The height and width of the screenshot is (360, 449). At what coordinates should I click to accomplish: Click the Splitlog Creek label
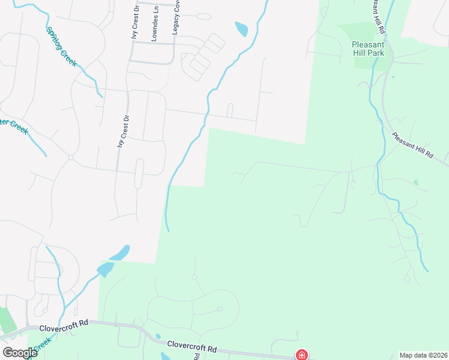(61, 46)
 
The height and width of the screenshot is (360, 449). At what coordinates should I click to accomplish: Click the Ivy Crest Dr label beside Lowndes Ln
(135, 21)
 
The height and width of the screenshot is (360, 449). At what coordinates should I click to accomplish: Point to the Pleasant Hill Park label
(369, 48)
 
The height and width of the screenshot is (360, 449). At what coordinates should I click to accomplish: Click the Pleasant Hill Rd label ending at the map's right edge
(412, 145)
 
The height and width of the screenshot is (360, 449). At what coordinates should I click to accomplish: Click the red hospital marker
(301, 355)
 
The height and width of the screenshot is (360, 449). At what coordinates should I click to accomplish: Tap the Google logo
(19, 352)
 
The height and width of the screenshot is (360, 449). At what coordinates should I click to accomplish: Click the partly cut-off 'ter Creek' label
(14, 127)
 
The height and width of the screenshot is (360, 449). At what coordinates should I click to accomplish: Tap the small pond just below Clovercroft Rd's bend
(157, 337)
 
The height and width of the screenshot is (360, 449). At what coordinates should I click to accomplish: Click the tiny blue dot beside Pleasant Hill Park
(393, 77)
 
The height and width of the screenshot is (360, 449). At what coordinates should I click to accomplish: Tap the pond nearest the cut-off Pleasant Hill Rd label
(241, 28)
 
